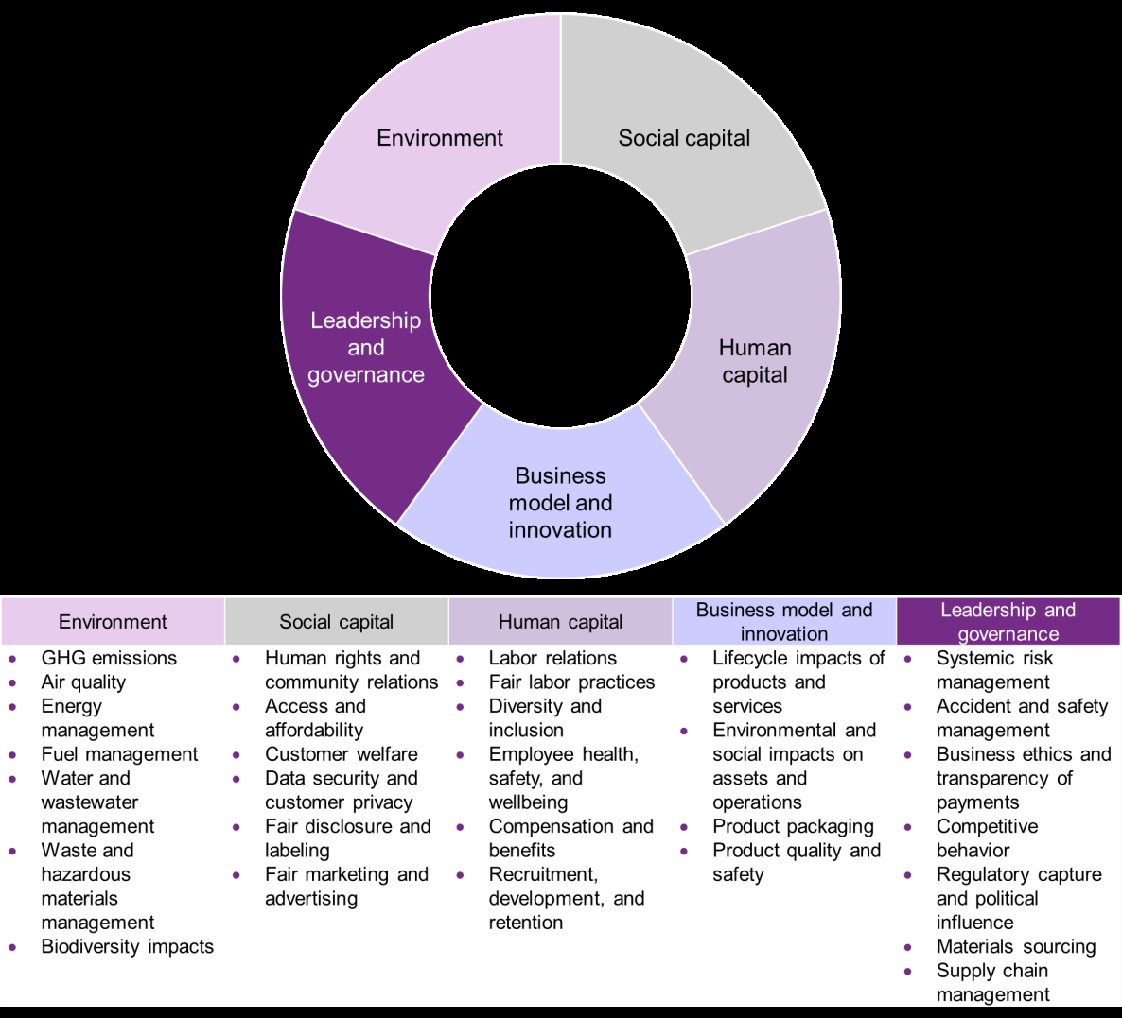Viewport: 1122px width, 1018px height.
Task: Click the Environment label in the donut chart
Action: [440, 138]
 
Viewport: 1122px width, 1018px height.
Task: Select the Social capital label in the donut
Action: [684, 138]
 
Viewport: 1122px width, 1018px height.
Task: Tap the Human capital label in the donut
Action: [755, 361]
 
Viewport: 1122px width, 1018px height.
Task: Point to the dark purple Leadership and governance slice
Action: [366, 348]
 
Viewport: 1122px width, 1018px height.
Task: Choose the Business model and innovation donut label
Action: [560, 503]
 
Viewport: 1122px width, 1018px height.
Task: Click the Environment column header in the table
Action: [113, 622]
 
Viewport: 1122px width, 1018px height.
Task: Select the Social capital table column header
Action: [336, 622]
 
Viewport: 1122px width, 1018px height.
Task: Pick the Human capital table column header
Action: [560, 622]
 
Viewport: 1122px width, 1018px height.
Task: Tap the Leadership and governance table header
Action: [1008, 622]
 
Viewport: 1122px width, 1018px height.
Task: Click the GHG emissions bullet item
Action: [109, 658]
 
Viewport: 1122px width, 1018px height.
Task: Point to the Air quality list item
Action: [83, 682]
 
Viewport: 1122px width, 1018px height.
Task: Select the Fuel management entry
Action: [119, 754]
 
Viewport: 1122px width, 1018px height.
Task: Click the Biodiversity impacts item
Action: [128, 947]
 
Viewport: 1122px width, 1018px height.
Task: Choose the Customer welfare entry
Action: [341, 754]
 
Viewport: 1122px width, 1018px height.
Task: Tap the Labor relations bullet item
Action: [552, 658]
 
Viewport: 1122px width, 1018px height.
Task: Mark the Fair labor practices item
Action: [571, 682]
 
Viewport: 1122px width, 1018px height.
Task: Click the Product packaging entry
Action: [793, 827]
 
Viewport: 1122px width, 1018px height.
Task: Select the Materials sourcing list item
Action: [1016, 947]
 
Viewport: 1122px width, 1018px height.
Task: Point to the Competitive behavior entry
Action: [987, 838]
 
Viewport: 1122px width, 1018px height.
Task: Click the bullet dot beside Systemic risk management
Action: [908, 659]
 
